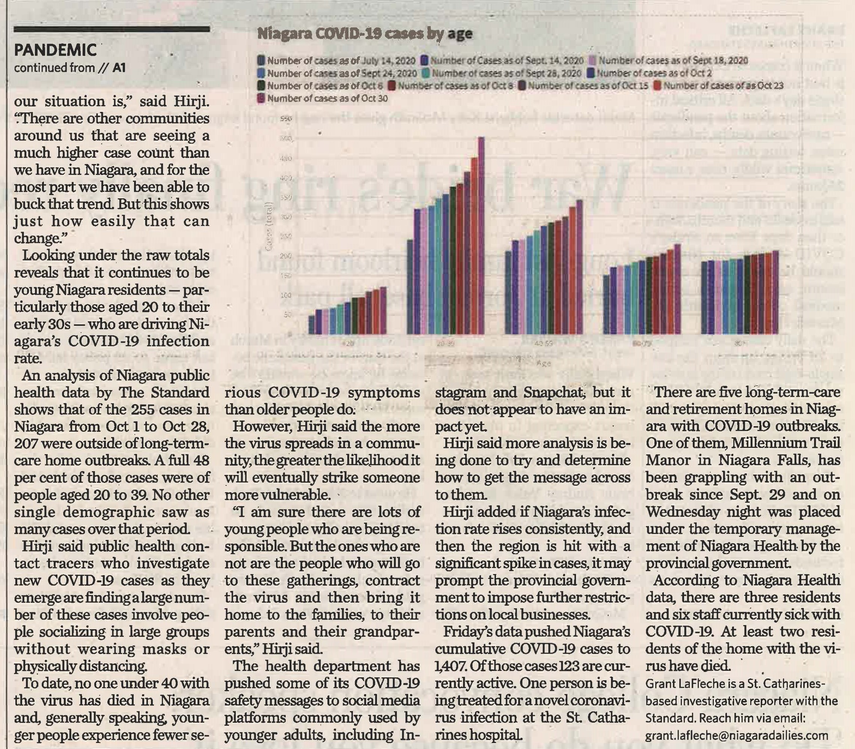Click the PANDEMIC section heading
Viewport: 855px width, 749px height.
point(55,51)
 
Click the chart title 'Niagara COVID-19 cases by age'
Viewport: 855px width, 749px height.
point(365,34)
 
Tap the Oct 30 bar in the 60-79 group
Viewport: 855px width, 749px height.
point(678,289)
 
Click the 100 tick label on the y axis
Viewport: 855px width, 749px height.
point(286,295)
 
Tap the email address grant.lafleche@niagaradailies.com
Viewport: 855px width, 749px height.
point(737,735)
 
